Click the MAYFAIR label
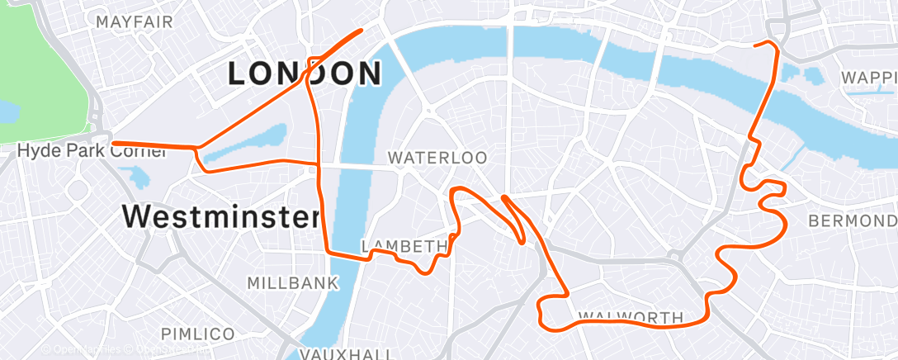[129, 21]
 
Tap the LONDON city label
[305, 74]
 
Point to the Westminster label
[220, 217]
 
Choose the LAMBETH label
[404, 246]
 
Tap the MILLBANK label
[293, 283]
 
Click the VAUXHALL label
[345, 353]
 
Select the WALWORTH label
[631, 317]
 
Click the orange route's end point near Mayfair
[362, 31]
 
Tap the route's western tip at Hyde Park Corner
[114, 144]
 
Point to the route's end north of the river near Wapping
[756, 45]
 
